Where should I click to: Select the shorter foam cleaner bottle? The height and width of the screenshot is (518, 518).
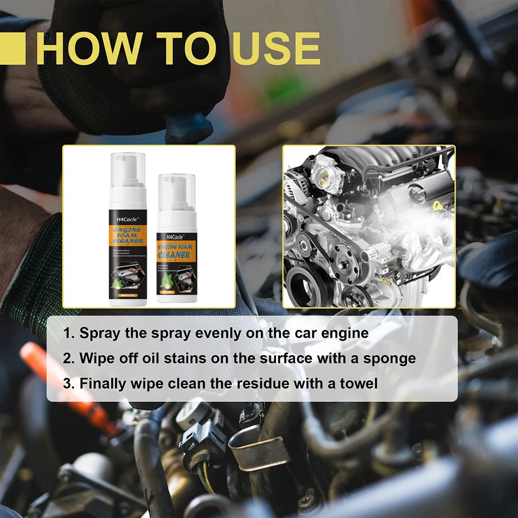[x=177, y=243]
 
